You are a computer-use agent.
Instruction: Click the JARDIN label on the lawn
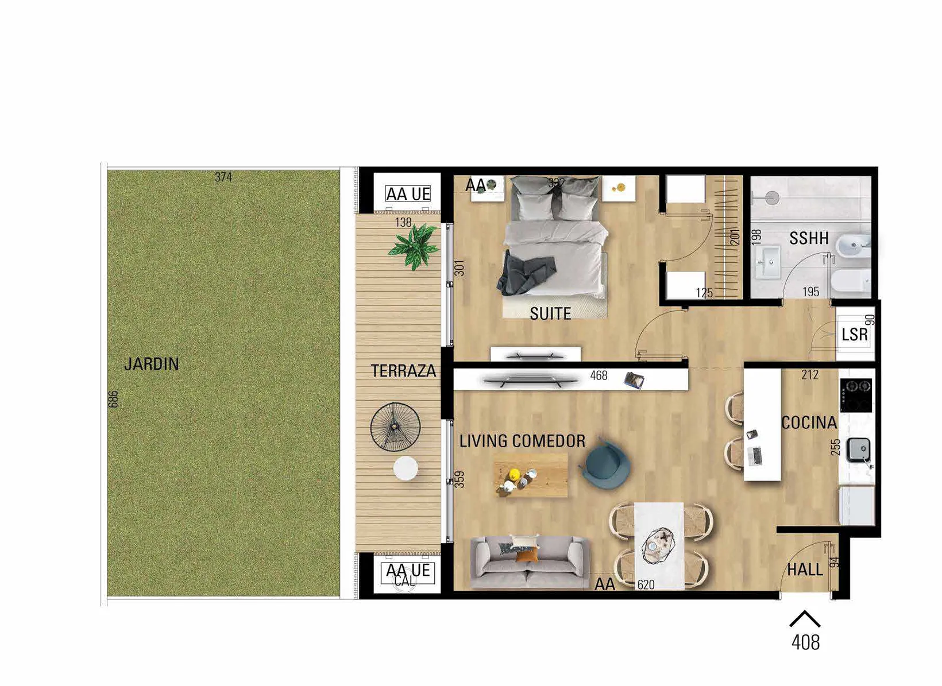coord(152,364)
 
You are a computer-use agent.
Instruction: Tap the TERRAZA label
coord(403,371)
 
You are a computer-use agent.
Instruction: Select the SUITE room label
coord(550,313)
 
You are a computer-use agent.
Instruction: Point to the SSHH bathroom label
coord(809,238)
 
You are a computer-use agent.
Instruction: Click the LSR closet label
coord(855,335)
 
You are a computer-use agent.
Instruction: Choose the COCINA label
coord(809,423)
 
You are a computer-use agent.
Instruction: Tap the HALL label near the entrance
coord(805,570)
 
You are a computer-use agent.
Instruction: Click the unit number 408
coord(805,643)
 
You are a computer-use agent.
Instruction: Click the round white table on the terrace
coord(406,468)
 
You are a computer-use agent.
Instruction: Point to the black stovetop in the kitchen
coord(856,396)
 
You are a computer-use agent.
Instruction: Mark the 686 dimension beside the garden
coord(113,399)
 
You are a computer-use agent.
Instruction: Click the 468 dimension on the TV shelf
coord(599,375)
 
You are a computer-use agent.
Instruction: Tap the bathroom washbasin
coord(767,262)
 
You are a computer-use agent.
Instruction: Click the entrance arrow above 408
coord(805,619)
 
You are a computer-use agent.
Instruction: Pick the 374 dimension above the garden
coord(223,177)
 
